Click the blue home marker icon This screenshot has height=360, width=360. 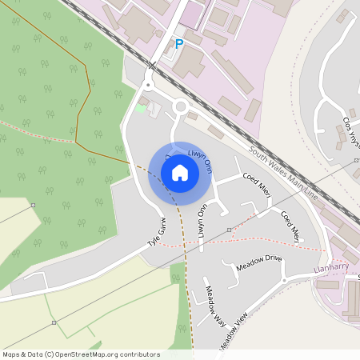180,173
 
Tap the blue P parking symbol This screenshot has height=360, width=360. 178,45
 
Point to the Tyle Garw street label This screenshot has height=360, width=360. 155,231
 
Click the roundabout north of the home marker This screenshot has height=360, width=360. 181,106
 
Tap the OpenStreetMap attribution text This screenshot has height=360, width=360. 81,354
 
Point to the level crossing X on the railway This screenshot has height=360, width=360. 151,65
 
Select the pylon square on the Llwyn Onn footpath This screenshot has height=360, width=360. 229,230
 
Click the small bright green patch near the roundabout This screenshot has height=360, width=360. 142,107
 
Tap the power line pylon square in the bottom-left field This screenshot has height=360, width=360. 54,323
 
